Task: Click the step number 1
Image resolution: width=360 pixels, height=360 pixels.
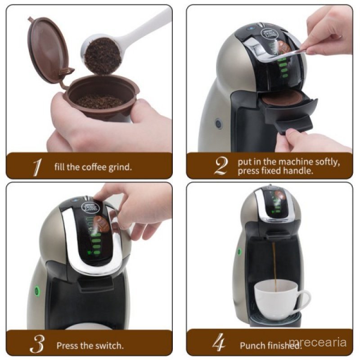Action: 37,167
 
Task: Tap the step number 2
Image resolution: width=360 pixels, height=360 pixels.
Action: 220,166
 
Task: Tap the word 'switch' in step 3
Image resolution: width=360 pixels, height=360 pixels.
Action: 110,346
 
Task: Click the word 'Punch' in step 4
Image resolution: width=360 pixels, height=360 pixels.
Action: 252,346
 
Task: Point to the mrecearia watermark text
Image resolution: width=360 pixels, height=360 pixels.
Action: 318,342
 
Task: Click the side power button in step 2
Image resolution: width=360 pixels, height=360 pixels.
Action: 219,123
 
